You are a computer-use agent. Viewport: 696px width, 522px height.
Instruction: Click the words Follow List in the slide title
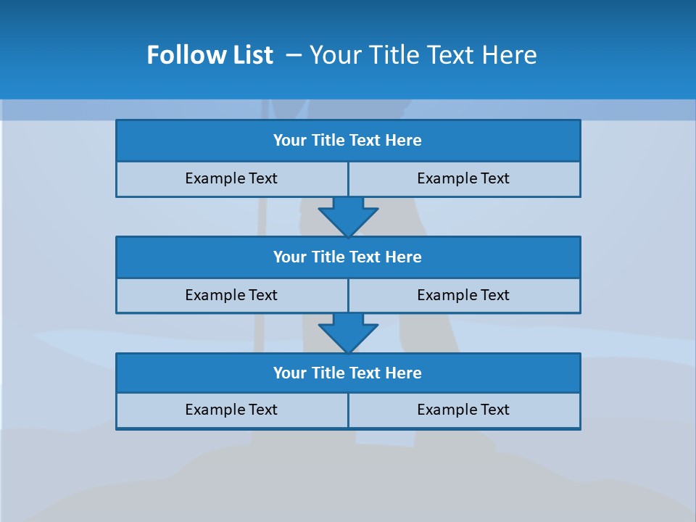coord(210,55)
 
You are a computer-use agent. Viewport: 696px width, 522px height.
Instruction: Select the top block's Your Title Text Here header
coord(347,141)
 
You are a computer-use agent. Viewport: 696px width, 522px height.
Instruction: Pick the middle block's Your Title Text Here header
coord(347,257)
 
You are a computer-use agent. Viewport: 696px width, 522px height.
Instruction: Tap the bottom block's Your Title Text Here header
coord(347,373)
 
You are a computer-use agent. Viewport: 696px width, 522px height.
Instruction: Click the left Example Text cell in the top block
coord(231,178)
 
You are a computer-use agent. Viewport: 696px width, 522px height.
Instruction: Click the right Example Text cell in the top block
coord(463,178)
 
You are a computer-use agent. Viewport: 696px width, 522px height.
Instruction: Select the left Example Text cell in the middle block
coord(231,295)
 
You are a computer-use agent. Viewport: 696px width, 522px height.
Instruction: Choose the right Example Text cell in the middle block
coord(463,295)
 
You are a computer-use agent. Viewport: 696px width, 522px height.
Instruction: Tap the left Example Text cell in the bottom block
coord(231,410)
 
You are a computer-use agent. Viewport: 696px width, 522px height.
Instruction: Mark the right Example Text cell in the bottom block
coord(463,410)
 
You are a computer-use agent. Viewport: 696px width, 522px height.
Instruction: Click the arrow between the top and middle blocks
coord(348,216)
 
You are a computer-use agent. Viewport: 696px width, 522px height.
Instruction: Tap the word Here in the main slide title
coord(510,55)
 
